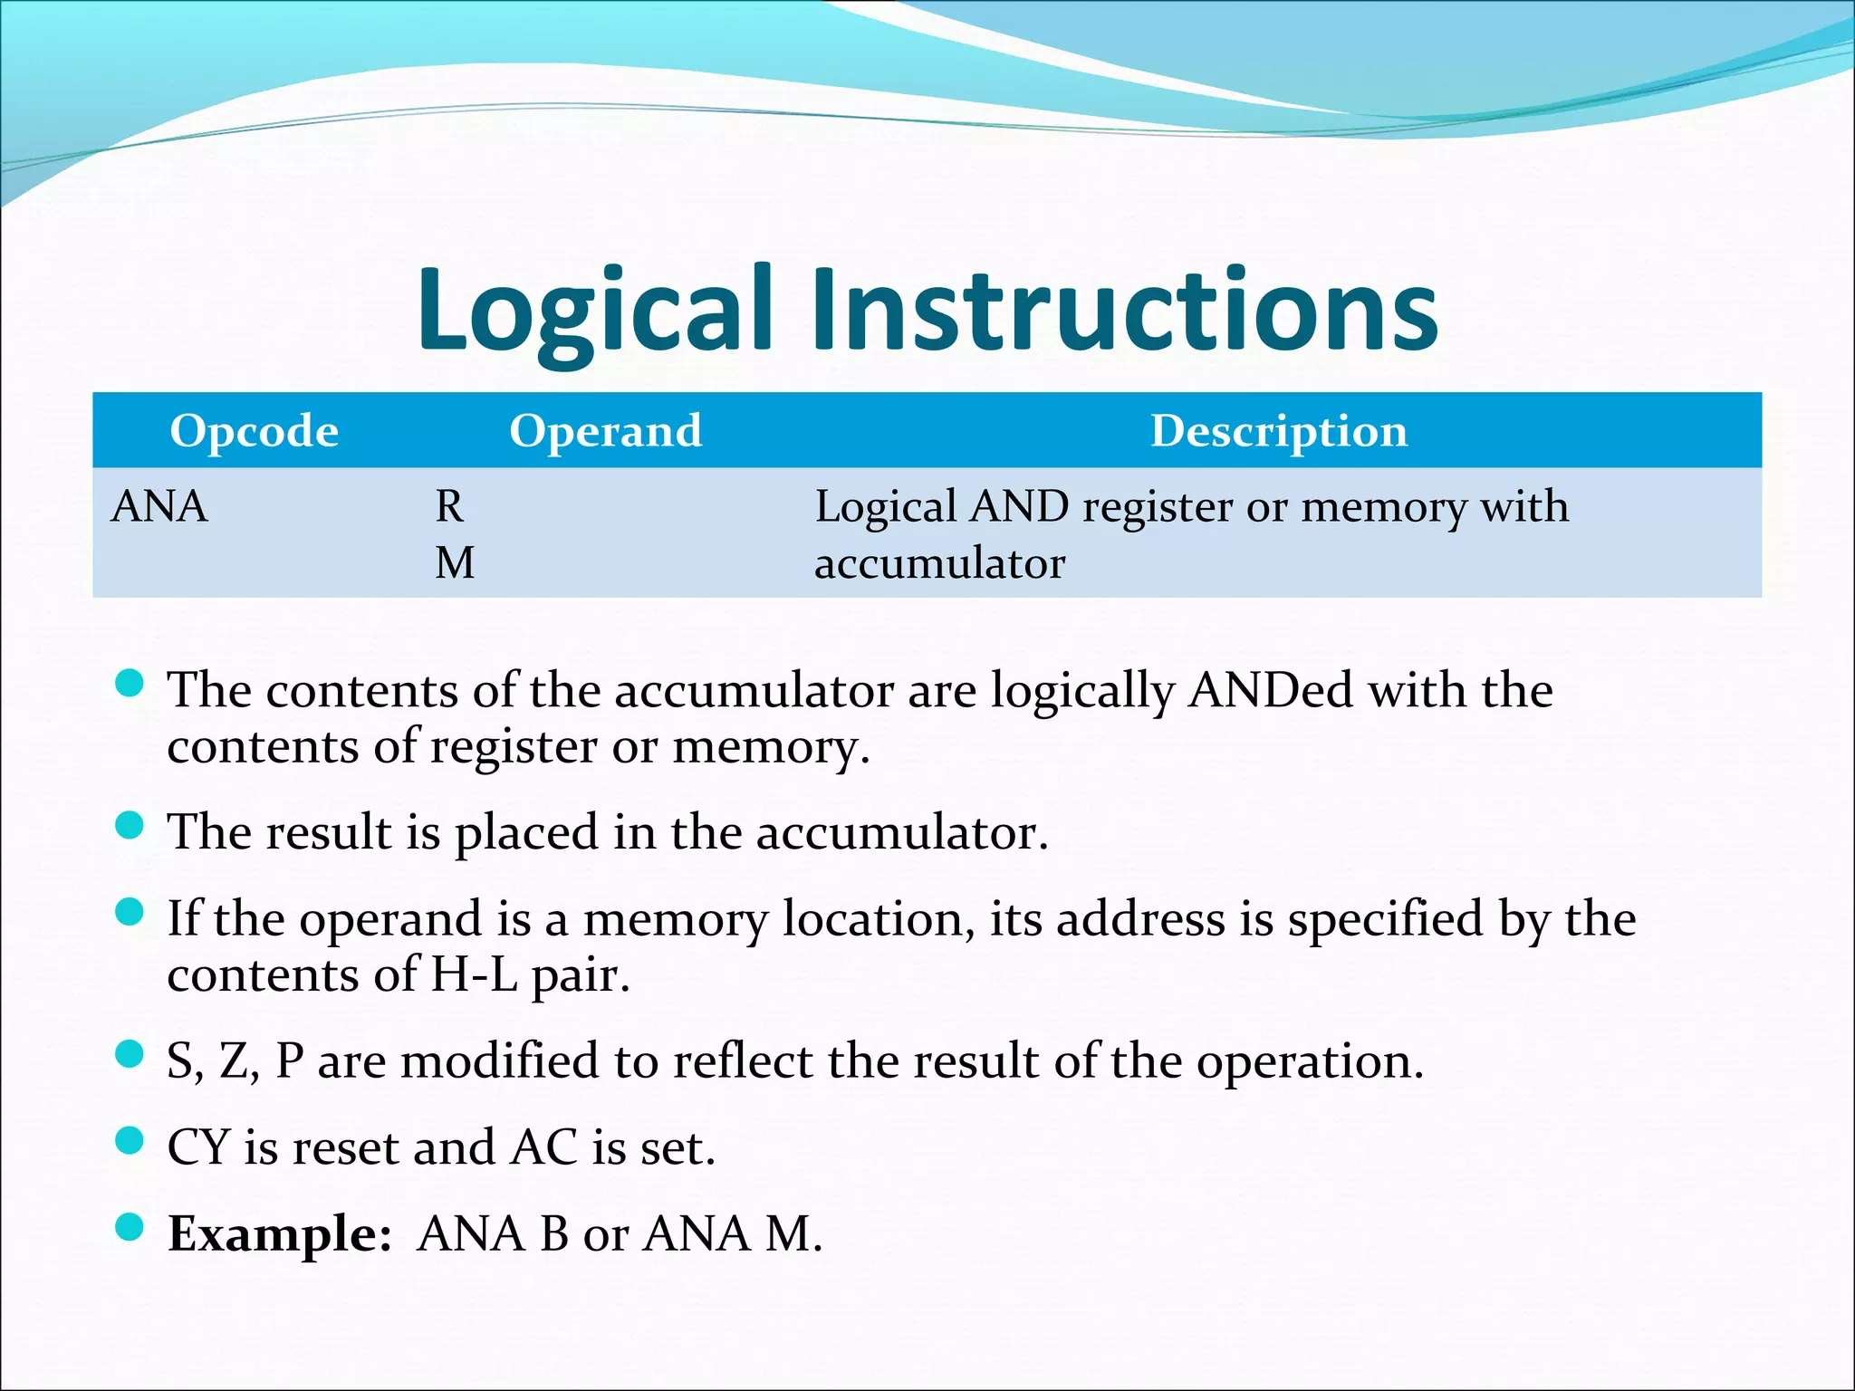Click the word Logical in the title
tap(593, 310)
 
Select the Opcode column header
tap(254, 431)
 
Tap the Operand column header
tap(605, 431)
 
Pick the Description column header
tap(1278, 431)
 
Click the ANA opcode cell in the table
tap(159, 506)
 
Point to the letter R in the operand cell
tap(449, 506)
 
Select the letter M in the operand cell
tap(455, 563)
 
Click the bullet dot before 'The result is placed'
tap(130, 825)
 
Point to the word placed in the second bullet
tap(526, 832)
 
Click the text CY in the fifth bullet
tap(198, 1147)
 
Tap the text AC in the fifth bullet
tap(543, 1147)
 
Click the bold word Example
tap(279, 1234)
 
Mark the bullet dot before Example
tap(130, 1226)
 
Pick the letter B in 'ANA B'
tap(554, 1234)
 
